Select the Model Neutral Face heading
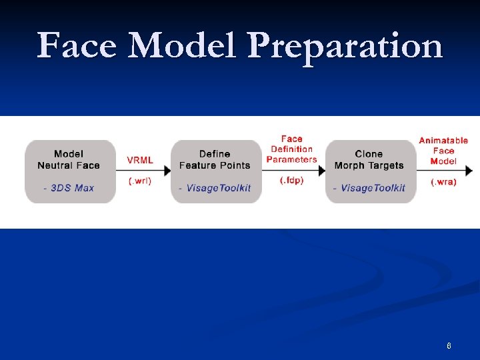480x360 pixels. click(69, 160)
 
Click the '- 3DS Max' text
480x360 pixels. click(69, 188)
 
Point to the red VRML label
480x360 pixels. click(140, 160)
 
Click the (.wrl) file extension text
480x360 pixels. click(140, 181)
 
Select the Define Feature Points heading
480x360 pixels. click(215, 160)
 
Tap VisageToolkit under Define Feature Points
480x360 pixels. click(219, 188)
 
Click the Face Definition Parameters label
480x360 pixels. click(291, 149)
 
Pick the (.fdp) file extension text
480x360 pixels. click(291, 181)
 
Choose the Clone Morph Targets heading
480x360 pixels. click(369, 160)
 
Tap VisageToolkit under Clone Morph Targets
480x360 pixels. click(373, 188)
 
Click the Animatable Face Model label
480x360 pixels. click(443, 151)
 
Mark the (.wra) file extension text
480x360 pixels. click(443, 182)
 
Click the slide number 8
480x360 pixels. click(449, 346)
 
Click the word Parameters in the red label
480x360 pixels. click(291, 159)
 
